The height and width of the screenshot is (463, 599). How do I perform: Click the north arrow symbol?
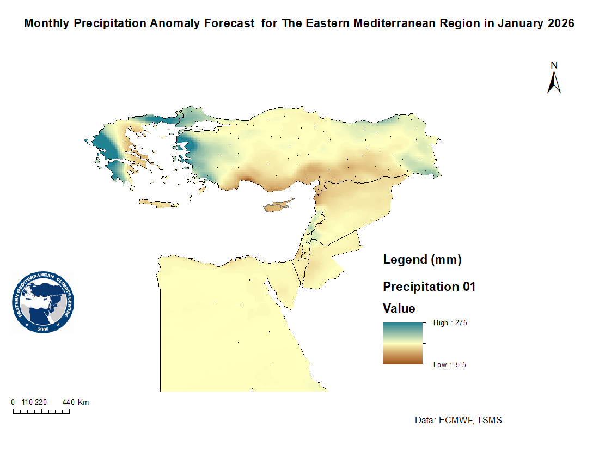tap(554, 83)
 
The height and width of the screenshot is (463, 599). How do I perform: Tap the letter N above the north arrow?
tap(554, 65)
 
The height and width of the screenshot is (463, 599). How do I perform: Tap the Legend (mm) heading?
tap(422, 260)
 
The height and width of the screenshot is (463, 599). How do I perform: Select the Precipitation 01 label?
tap(429, 287)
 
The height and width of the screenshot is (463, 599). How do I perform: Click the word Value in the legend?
tap(399, 309)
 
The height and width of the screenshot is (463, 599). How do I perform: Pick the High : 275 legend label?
tap(450, 323)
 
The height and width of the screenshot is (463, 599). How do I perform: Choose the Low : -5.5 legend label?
tap(450, 365)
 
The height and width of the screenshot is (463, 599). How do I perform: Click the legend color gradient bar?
tap(402, 343)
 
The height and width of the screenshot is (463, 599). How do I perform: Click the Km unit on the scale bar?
tap(83, 403)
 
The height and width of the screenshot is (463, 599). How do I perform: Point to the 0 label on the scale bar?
tap(13, 403)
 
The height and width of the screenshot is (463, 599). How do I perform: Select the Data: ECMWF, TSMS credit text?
tap(458, 421)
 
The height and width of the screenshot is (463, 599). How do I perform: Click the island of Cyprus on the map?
tap(276, 207)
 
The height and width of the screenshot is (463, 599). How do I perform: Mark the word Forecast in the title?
tap(228, 24)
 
